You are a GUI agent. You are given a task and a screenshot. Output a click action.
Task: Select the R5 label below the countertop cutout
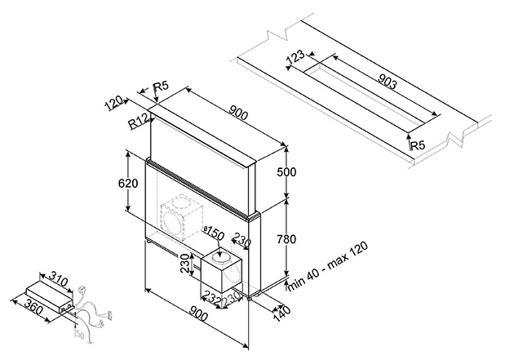[418, 145]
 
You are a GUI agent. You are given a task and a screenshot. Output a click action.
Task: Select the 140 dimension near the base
[281, 309]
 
